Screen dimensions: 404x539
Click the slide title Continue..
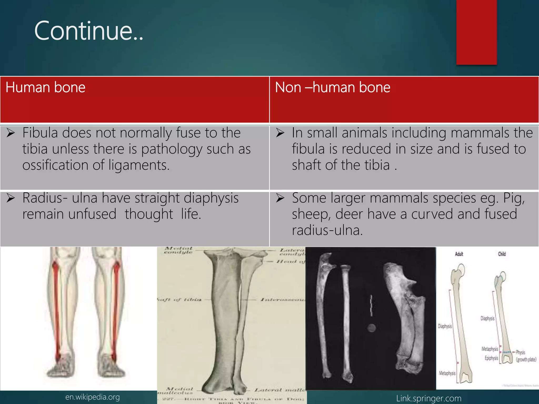click(x=89, y=31)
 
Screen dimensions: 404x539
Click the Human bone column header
click(x=45, y=87)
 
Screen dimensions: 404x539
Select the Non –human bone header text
click(x=332, y=87)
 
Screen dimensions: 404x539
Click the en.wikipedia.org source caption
click(x=92, y=397)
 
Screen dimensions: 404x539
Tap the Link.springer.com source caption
click(x=429, y=398)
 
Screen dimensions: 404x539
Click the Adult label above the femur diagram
click(x=459, y=254)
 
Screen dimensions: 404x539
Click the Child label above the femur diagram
click(x=502, y=254)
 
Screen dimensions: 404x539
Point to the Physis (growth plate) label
click(x=525, y=356)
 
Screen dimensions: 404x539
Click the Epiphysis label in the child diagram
click(x=491, y=358)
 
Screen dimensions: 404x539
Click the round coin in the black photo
click(x=372, y=328)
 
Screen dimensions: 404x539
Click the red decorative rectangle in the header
click(x=476, y=32)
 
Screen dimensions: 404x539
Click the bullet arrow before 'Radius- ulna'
click(x=11, y=198)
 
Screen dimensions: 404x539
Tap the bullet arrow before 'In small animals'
click(x=280, y=133)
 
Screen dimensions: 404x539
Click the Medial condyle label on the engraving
click(x=178, y=250)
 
